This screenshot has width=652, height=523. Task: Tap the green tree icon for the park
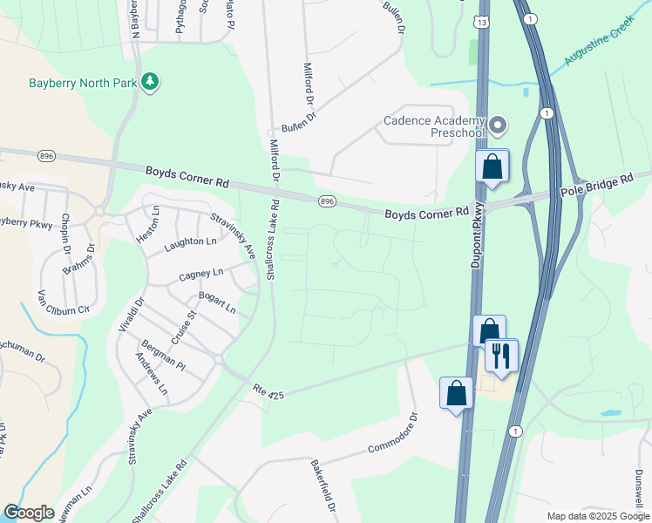(152, 82)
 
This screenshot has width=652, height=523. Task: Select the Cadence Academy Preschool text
(433, 127)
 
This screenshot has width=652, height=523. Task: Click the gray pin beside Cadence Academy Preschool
(498, 126)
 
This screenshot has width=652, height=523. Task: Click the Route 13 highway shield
(482, 20)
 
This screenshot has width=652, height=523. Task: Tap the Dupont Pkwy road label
(478, 246)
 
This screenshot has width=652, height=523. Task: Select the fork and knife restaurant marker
(501, 355)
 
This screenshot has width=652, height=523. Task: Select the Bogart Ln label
(218, 302)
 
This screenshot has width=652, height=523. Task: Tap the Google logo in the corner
(29, 513)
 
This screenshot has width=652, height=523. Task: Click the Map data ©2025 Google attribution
(598, 516)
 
